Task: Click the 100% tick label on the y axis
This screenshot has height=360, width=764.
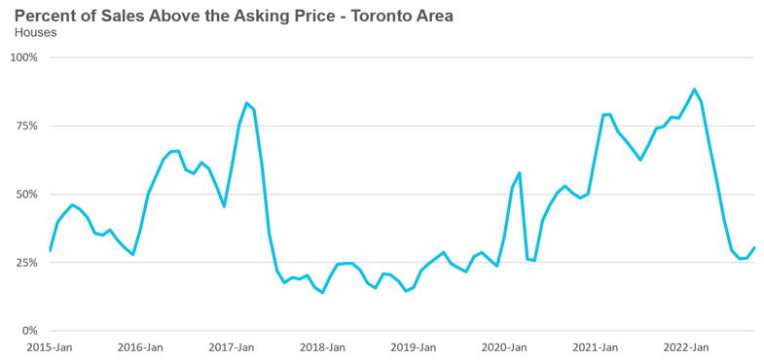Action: click(x=24, y=57)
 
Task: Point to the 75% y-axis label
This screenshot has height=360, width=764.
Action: click(x=27, y=126)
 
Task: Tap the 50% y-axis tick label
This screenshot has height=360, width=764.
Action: click(x=27, y=194)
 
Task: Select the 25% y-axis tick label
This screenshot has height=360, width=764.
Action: click(x=27, y=262)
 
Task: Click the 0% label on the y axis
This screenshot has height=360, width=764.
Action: click(x=29, y=330)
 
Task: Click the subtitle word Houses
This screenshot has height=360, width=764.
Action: click(x=36, y=33)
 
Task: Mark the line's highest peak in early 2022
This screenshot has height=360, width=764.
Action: click(x=694, y=89)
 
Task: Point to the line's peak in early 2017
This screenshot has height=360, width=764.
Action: click(x=246, y=102)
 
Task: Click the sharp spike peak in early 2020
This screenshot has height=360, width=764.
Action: click(x=520, y=172)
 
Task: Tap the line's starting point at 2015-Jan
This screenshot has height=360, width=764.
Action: click(x=51, y=251)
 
